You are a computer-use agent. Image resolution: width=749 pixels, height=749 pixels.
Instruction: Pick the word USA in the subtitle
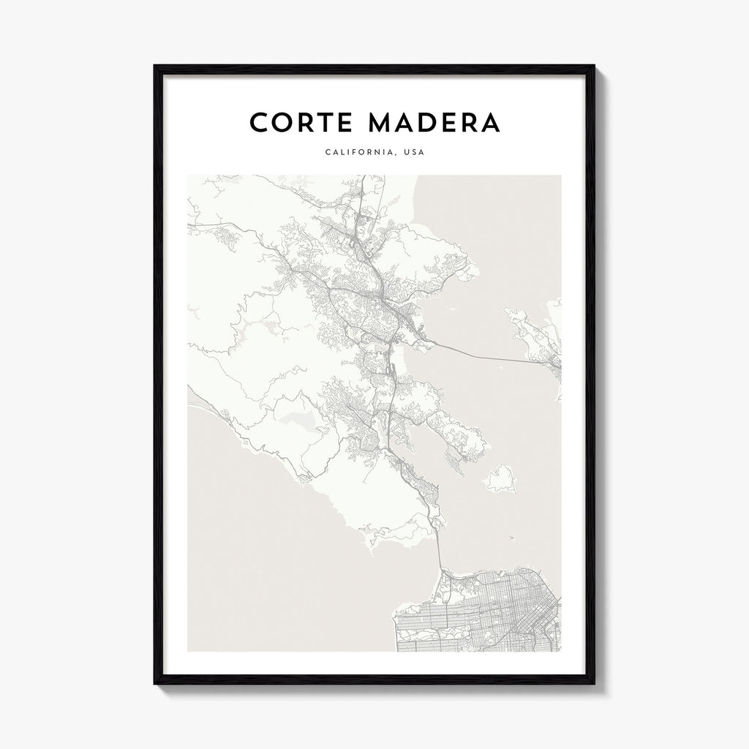[x=414, y=153]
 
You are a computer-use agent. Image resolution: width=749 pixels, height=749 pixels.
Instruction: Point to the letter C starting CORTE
[x=259, y=122]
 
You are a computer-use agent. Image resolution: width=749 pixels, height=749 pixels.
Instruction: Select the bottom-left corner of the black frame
[x=155, y=684]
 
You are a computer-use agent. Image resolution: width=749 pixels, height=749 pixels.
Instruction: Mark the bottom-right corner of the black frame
[x=594, y=684]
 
